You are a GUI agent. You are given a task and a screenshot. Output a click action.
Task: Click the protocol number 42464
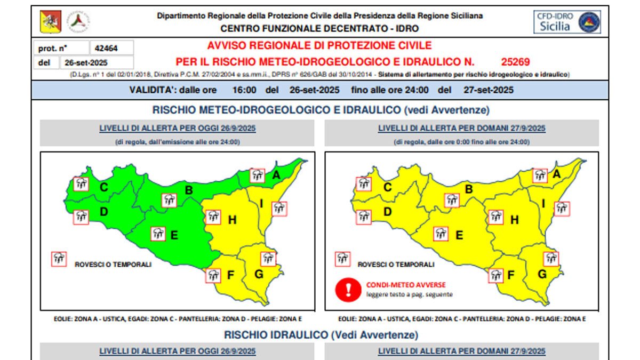point(106,48)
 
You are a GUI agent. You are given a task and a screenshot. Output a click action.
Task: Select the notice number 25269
point(516,61)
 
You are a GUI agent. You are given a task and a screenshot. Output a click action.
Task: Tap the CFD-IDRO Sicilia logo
point(567,22)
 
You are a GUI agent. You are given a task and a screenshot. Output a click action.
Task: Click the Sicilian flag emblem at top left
point(50,22)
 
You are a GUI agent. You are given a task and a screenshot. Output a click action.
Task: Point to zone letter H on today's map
point(232,219)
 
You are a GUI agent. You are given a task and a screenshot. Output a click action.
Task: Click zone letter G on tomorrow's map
point(542,274)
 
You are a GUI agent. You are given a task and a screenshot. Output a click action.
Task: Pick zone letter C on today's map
point(104,187)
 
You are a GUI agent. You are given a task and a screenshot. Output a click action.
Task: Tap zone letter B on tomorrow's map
point(469,188)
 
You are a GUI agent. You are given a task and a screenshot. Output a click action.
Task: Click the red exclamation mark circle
point(349,289)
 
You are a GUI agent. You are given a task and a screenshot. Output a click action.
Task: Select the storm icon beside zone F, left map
point(214,275)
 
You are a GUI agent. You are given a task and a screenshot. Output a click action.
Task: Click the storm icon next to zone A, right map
point(540,174)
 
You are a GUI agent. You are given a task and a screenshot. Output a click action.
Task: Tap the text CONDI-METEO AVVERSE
point(406,285)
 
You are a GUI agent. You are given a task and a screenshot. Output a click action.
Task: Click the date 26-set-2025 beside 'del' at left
point(86,62)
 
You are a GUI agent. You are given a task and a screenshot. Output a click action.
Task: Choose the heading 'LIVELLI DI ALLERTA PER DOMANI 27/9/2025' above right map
point(462,129)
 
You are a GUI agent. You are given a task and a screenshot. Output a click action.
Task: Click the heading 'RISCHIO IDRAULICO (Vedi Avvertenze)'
point(321,335)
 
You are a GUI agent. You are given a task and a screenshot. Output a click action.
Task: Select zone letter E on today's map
point(174,235)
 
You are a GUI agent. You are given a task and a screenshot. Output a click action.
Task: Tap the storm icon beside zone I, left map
point(278,208)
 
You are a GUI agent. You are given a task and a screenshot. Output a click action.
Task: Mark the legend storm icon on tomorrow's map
point(343,259)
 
